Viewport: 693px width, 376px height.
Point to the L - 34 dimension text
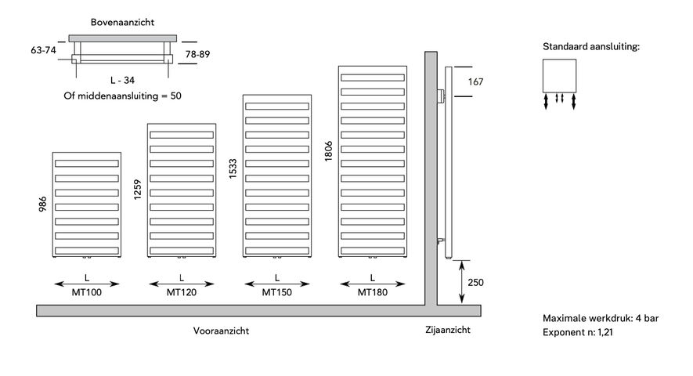(123, 80)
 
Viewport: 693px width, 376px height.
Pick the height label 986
(44, 203)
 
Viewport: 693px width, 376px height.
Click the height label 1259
(138, 190)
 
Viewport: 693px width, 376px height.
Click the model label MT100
(85, 293)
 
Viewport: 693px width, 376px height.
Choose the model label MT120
(182, 293)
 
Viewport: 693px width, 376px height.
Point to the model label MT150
(277, 293)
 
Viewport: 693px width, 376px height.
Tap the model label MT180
(373, 293)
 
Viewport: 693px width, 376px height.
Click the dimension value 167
(475, 81)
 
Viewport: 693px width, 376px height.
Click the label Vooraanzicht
(221, 331)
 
